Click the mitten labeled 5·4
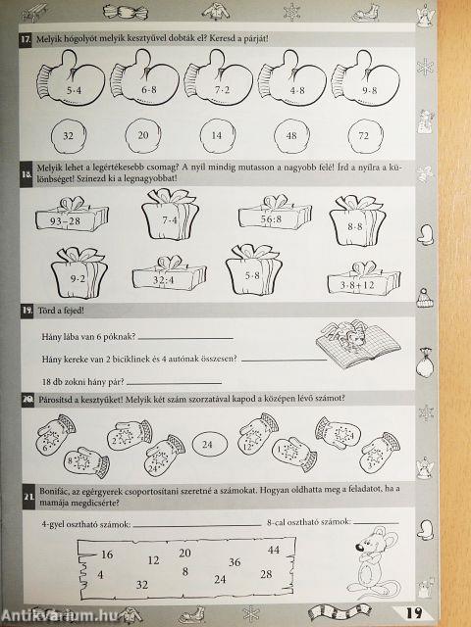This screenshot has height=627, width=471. (x=67, y=86)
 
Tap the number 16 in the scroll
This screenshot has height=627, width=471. (x=106, y=555)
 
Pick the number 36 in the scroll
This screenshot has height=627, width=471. (x=234, y=562)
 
